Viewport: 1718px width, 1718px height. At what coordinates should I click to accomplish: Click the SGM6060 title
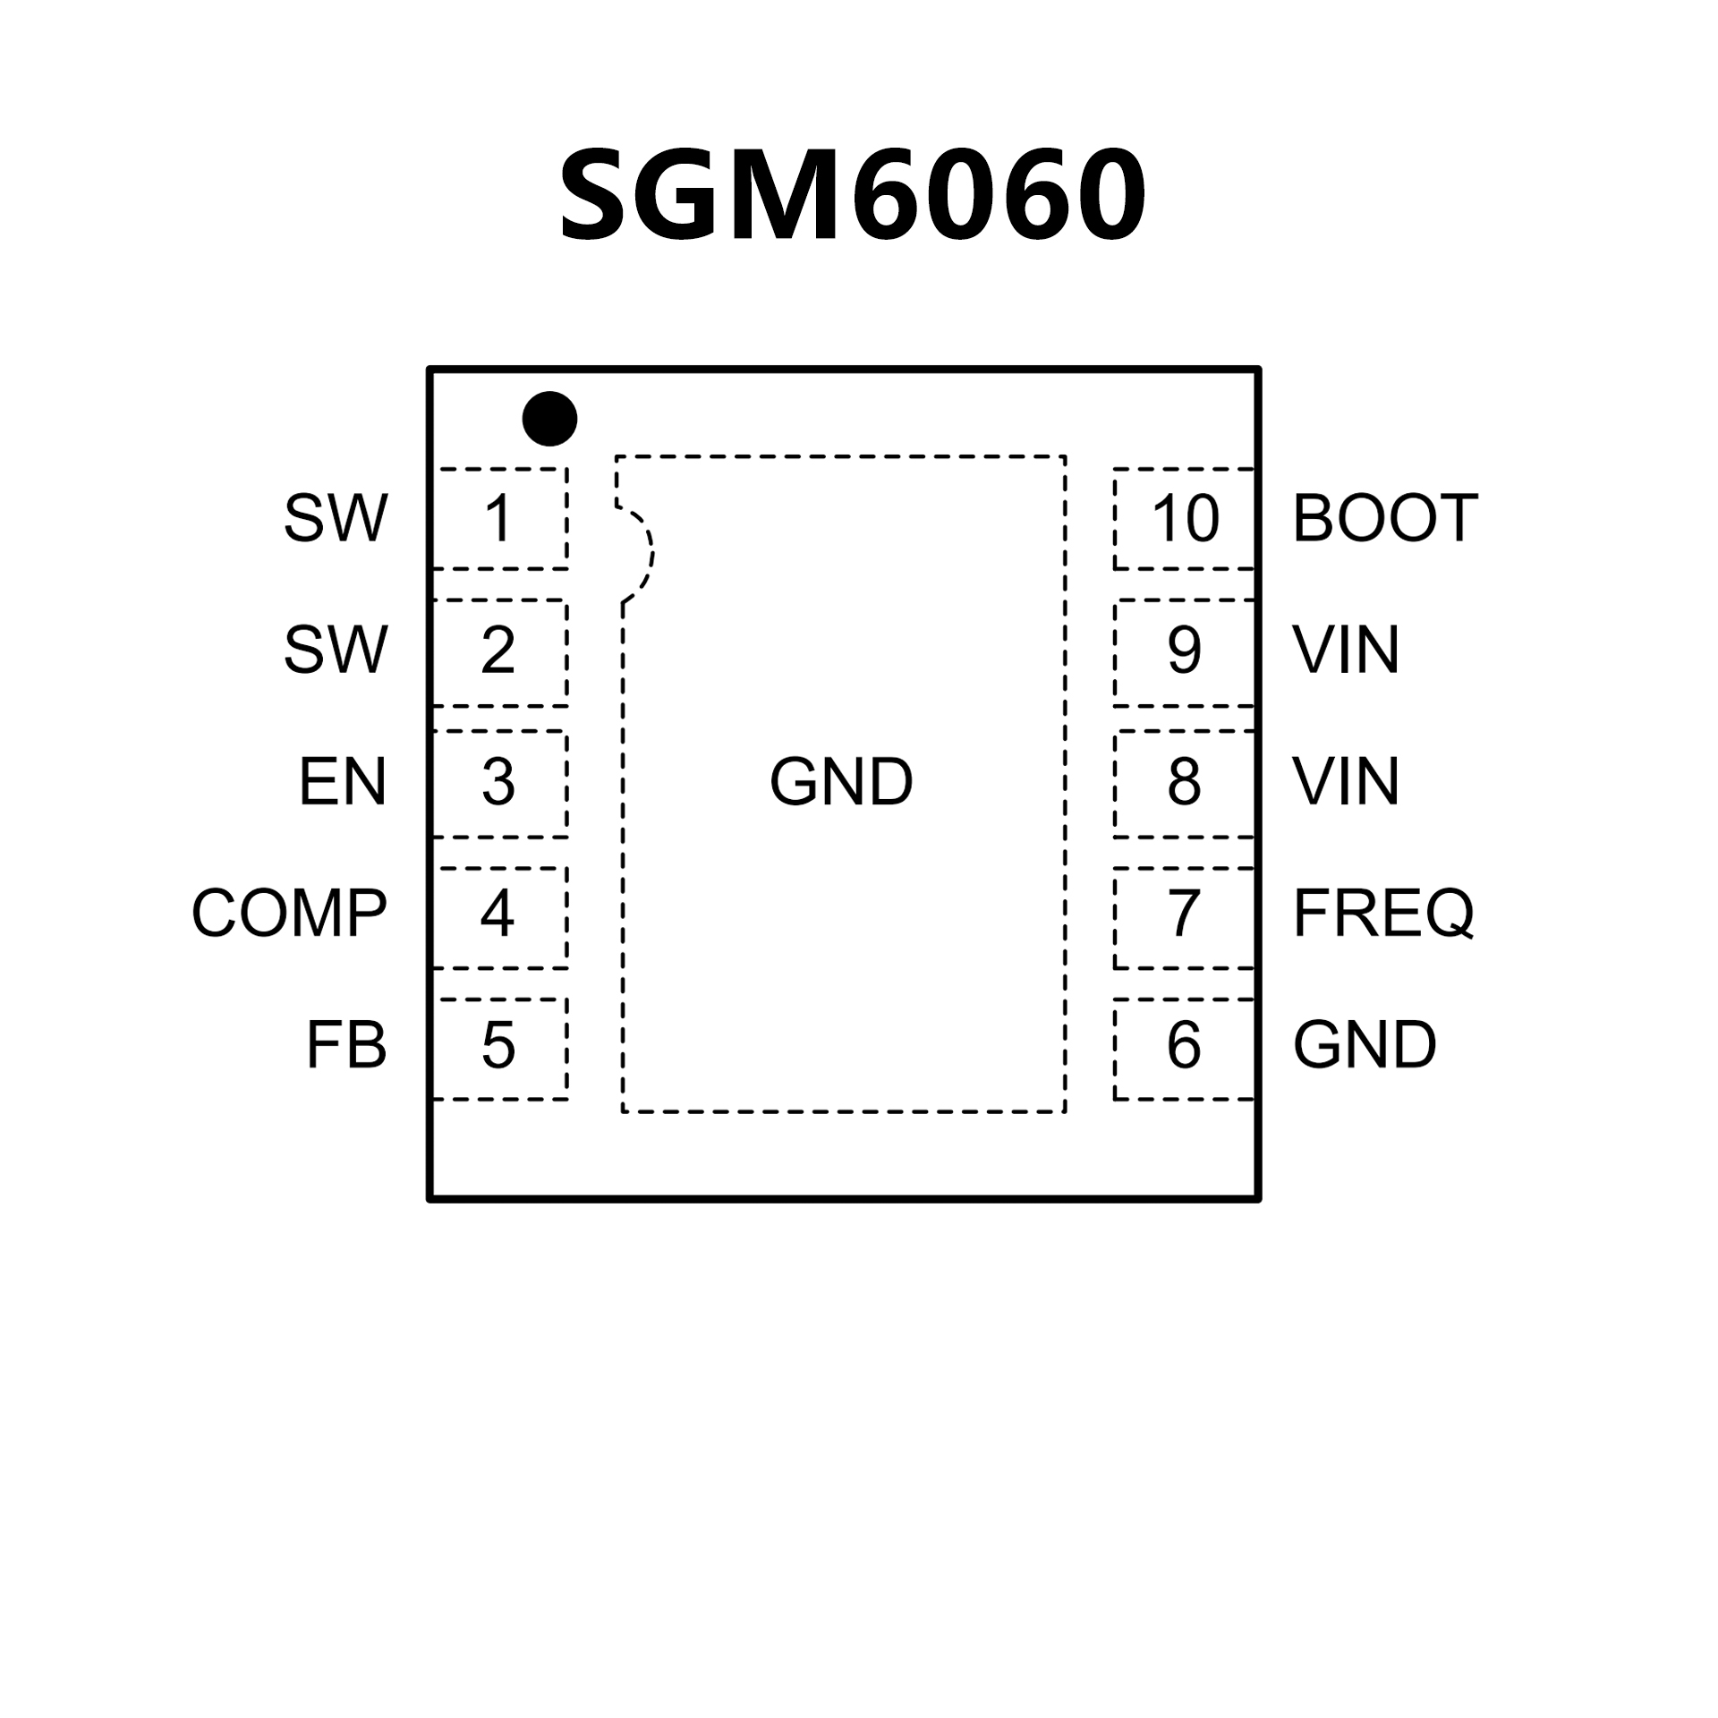coord(852,195)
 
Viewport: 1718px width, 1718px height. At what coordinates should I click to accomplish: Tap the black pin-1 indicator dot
coord(549,418)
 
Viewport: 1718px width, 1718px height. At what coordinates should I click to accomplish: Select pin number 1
coord(498,518)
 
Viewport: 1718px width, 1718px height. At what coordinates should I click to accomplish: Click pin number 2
coord(498,651)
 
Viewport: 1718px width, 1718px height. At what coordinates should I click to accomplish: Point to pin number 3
coord(498,782)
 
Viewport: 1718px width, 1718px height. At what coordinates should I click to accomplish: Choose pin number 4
coord(498,914)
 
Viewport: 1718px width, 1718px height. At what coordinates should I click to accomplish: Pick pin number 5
coord(498,1045)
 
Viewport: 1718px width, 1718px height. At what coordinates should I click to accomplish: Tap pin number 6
coord(1184,1045)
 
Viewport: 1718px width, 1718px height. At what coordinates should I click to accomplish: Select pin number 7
coord(1184,914)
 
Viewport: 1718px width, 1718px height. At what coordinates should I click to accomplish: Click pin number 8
coord(1184,782)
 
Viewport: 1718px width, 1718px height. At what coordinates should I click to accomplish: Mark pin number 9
coord(1184,651)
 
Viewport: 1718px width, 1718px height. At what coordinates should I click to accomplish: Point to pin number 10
coord(1185,518)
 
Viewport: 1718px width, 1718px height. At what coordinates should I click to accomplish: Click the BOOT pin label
coord(1385,518)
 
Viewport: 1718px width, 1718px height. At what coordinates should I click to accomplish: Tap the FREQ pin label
coord(1383,914)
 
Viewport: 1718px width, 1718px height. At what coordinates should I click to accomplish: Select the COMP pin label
coord(290,914)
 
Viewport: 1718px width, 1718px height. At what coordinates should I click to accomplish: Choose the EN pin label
coord(343,782)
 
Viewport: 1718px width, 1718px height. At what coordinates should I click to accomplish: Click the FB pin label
coord(346,1045)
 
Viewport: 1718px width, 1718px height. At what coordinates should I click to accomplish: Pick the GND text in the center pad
coord(841,782)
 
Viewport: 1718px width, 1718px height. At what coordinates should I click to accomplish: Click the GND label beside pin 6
coord(1365,1045)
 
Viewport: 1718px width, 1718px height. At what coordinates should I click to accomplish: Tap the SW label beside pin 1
coord(336,518)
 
